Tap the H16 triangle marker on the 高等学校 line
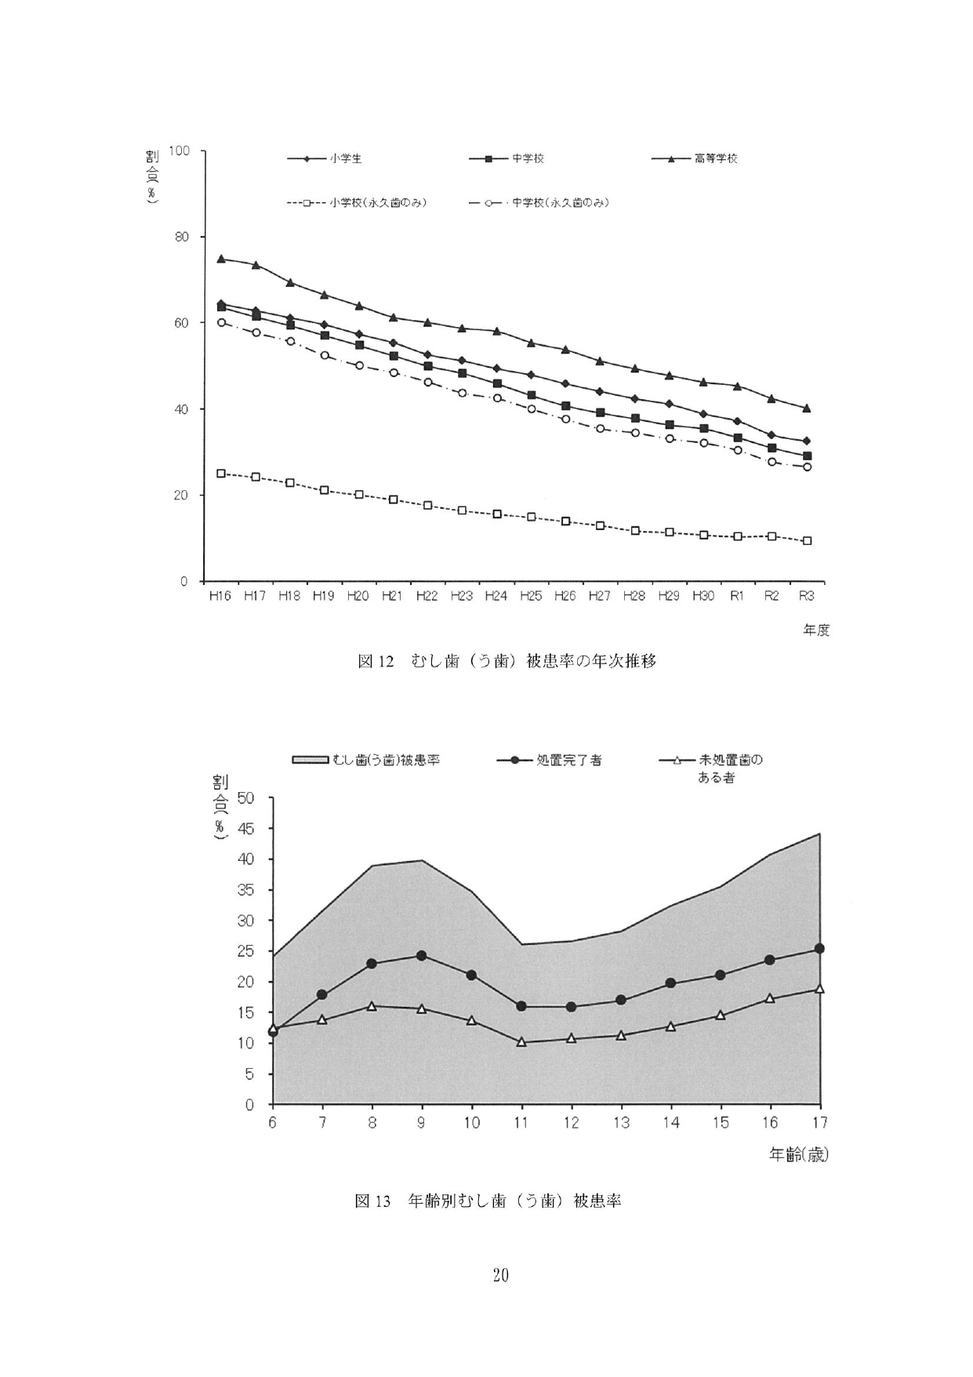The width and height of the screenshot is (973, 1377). (x=221, y=259)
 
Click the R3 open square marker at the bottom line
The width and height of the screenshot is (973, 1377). (x=807, y=541)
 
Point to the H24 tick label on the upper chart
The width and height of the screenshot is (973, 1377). (x=496, y=597)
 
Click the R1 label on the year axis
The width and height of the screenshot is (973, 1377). (x=737, y=597)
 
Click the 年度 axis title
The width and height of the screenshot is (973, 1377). (x=816, y=630)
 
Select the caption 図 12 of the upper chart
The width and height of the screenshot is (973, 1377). (x=506, y=661)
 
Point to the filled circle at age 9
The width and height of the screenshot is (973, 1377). (x=422, y=956)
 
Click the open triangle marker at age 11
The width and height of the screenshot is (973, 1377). (x=521, y=1042)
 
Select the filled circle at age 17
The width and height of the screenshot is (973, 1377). (x=819, y=949)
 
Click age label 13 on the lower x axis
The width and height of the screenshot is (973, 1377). (x=621, y=1123)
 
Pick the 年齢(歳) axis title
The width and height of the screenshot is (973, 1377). (x=798, y=1155)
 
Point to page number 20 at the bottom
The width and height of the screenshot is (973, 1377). (x=500, y=1275)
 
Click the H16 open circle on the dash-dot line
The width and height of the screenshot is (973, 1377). (x=221, y=322)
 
